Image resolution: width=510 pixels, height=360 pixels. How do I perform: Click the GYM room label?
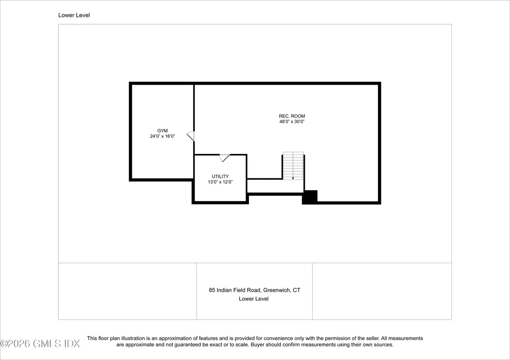[x=162, y=131]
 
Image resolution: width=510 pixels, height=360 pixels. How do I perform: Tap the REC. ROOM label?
[x=292, y=116]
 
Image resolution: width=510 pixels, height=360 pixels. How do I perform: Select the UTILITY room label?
[x=220, y=177]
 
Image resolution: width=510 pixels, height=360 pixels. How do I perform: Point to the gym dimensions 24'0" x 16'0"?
[x=162, y=136]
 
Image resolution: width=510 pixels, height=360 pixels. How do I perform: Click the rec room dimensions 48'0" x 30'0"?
[x=292, y=121]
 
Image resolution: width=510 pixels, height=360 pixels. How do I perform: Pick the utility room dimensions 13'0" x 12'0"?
[x=220, y=182]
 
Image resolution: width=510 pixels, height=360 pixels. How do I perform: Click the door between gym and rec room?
[x=191, y=136]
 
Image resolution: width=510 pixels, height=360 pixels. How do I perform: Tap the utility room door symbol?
[x=225, y=158]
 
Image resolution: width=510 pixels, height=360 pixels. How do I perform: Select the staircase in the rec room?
[x=293, y=166]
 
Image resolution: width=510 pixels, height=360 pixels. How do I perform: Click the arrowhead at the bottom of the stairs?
[x=293, y=178]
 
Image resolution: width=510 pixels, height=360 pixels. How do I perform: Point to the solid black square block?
[x=310, y=197]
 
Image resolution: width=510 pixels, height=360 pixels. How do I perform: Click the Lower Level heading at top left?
[x=74, y=15]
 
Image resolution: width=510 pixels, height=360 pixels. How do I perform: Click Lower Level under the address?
[x=254, y=299]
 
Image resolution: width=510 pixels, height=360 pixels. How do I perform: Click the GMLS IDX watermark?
[x=40, y=344]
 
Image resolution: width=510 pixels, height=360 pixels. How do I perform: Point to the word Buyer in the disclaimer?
[x=290, y=345]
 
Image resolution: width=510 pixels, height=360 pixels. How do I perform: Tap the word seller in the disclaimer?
[x=370, y=339]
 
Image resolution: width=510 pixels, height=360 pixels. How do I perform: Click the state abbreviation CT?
[x=296, y=290]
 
